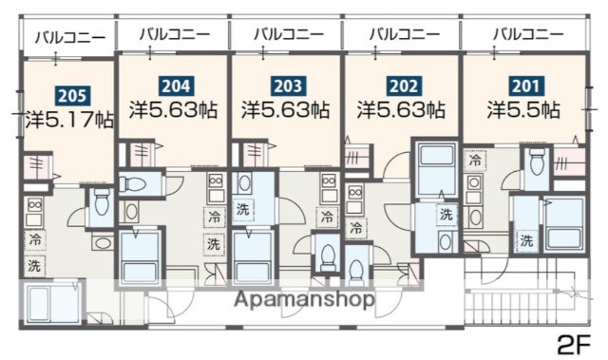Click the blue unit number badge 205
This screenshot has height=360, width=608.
click(68, 94)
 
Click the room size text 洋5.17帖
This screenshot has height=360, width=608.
click(68, 120)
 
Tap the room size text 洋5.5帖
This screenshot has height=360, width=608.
click(522, 109)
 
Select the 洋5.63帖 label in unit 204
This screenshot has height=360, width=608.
click(175, 109)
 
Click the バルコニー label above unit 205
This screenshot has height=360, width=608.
click(68, 38)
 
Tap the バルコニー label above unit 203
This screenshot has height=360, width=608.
click(285, 34)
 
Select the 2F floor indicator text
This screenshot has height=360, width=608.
click(573, 341)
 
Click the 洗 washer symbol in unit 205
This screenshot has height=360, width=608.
click(35, 266)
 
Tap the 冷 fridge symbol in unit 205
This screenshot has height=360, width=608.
click(35, 238)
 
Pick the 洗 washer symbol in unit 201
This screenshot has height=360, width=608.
click(525, 241)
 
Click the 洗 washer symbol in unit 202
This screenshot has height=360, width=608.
click(446, 215)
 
